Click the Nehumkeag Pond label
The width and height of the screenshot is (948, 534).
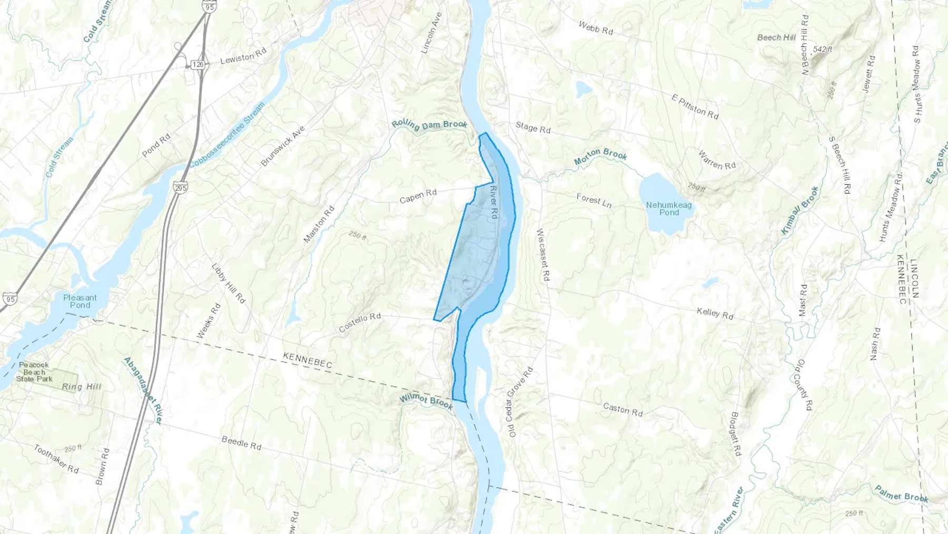click(669, 209)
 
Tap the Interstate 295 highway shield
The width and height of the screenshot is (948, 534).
click(180, 187)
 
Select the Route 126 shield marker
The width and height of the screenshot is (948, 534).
click(197, 64)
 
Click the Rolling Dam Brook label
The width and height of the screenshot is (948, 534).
click(429, 125)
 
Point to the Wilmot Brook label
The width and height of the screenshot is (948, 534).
click(426, 402)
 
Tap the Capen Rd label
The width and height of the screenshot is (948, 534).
click(418, 196)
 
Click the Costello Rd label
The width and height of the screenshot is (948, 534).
click(360, 323)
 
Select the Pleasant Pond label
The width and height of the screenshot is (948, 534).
click(80, 301)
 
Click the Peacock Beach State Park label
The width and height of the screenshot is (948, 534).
click(34, 372)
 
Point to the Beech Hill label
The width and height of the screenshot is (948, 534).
click(776, 37)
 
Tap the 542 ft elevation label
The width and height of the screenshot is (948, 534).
click(823, 50)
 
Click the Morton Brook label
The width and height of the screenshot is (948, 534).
click(600, 156)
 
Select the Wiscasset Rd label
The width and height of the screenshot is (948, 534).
click(542, 254)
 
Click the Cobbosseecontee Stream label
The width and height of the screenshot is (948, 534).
click(227, 135)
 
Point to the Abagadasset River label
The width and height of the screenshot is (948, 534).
click(143, 391)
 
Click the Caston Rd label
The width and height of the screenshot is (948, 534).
click(623, 410)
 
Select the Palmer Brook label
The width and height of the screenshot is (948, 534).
click(901, 494)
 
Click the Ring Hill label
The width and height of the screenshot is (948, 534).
click(82, 387)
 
